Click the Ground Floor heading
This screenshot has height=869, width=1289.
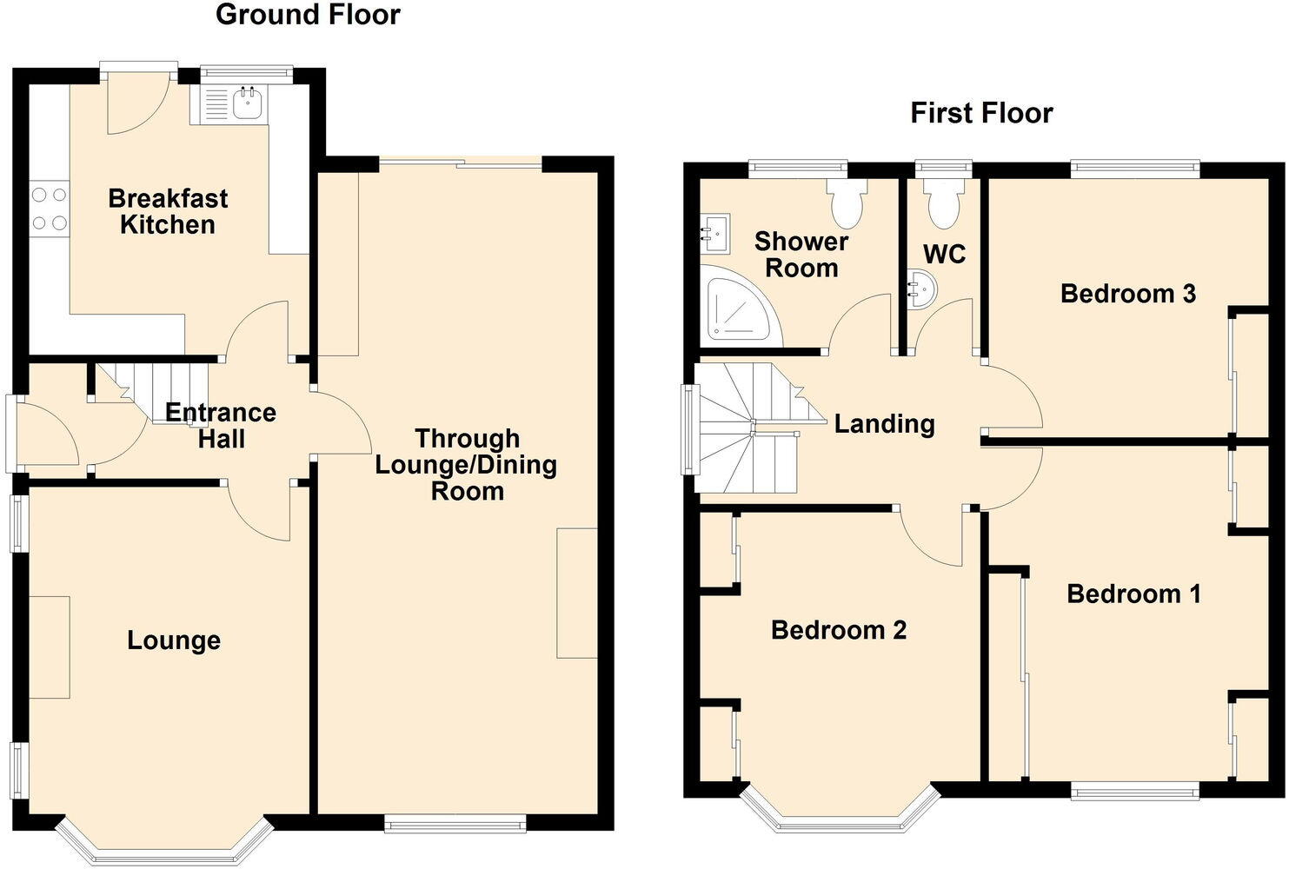(x=308, y=15)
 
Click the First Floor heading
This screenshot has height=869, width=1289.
(x=981, y=113)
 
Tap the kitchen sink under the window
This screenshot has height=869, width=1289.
(x=248, y=103)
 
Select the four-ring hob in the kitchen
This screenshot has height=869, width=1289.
(x=49, y=209)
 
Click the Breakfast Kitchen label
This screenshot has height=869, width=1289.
(x=168, y=211)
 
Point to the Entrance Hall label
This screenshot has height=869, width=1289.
(x=221, y=425)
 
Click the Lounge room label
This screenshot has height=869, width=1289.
(x=174, y=640)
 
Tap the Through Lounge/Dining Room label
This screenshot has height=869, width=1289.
(x=466, y=464)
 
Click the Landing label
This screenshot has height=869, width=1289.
(x=884, y=424)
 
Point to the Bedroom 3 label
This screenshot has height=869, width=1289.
(x=1128, y=294)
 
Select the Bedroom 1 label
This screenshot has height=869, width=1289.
(x=1133, y=594)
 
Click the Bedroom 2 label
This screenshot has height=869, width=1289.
(x=839, y=630)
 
